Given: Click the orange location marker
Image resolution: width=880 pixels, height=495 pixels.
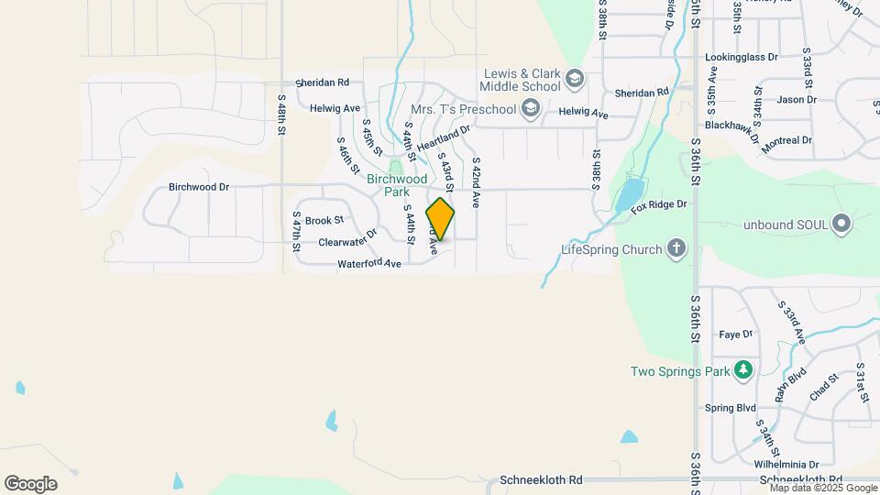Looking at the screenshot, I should coord(440,219).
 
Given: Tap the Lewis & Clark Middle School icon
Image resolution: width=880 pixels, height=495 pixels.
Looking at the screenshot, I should coord(574,79).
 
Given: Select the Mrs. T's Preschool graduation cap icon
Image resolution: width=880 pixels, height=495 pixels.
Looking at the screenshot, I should coord(529,110).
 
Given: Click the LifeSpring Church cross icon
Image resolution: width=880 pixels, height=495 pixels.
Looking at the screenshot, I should coord(676,248).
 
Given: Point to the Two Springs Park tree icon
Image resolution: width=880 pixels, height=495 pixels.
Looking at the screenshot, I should coord(743,371).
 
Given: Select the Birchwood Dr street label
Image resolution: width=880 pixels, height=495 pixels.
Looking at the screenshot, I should coord(198,187).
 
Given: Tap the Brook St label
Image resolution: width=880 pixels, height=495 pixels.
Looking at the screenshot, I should coord(324,220).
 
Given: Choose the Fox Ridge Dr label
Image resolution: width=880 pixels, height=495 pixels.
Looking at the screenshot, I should coord(658,207).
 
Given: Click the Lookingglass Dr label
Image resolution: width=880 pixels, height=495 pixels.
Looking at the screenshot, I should coord(741,57).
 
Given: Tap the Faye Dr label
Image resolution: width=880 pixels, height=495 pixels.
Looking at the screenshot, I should coord(735,335).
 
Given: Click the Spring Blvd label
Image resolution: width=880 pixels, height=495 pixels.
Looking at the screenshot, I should coord(731,408).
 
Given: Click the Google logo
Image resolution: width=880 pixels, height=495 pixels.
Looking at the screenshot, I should coord(30,483).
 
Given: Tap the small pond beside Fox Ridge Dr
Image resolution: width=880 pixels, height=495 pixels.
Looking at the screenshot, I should coord(628,194).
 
